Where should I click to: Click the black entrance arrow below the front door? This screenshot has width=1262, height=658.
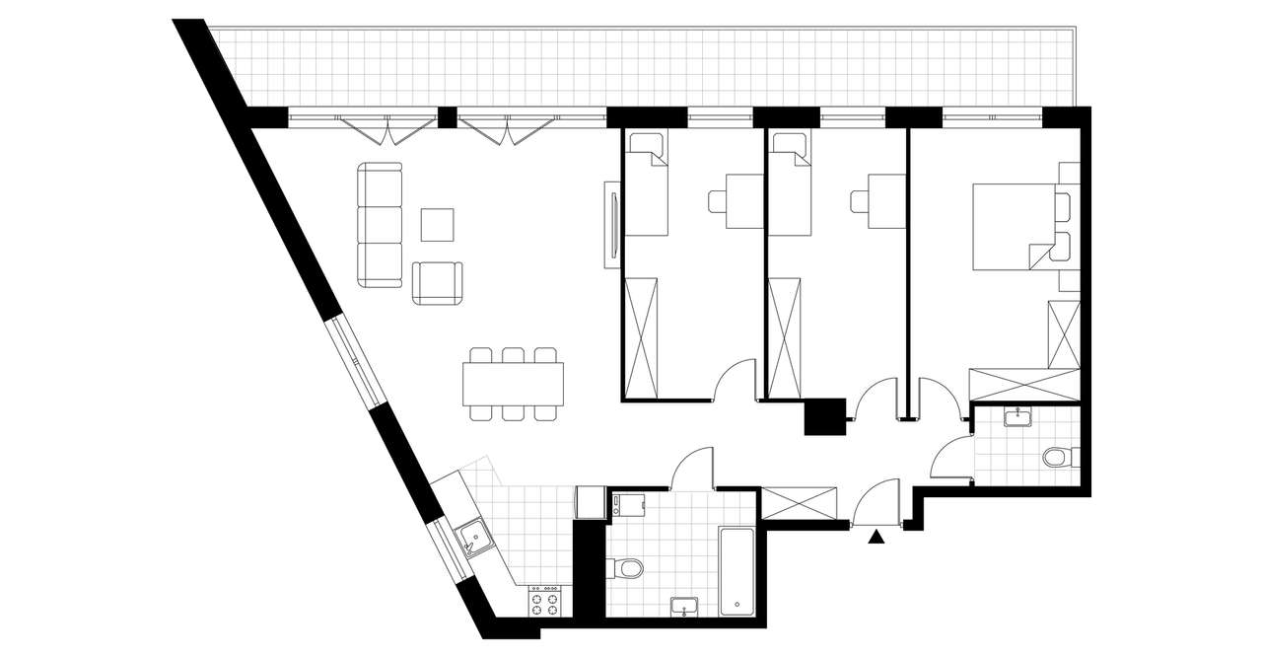point(876,537)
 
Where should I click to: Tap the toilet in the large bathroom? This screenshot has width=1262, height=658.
point(627,567)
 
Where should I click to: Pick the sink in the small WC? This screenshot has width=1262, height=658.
point(1016,418)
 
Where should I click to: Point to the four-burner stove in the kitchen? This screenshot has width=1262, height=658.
point(545,601)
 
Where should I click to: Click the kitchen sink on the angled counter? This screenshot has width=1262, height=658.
point(475,539)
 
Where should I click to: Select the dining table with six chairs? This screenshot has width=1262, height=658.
point(513,384)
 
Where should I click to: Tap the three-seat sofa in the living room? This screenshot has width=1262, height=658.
point(381,226)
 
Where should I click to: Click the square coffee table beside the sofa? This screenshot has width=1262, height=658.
point(437,225)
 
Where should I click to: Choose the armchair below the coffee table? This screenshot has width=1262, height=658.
point(438,283)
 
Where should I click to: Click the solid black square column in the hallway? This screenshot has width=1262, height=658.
point(825,416)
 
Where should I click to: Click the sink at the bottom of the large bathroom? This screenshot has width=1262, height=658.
point(685,606)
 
